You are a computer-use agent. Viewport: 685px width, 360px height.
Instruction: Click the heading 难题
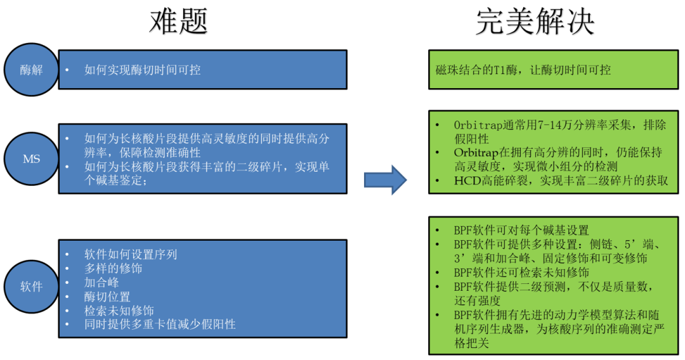tap(178, 22)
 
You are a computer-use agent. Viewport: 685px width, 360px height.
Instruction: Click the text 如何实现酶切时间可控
tap(143, 70)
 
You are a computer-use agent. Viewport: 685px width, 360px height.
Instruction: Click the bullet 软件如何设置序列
tap(131, 254)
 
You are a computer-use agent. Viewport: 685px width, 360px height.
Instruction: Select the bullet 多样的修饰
tap(114, 268)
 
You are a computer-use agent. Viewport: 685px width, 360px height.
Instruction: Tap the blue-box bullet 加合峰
tap(101, 282)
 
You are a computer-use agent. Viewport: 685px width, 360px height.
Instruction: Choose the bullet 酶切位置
tap(107, 297)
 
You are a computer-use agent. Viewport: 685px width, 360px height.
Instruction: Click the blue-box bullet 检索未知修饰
tap(119, 311)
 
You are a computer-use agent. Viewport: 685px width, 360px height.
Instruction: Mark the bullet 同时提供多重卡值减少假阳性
tap(160, 325)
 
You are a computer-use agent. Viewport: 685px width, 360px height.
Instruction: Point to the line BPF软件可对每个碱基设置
tap(521, 230)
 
